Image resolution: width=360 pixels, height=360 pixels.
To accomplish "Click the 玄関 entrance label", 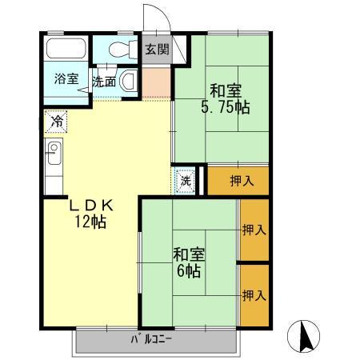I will click(x=157, y=49).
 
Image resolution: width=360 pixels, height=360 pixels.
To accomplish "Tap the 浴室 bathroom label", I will click(x=66, y=79).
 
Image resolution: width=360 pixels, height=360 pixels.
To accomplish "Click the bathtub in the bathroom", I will click(x=66, y=48).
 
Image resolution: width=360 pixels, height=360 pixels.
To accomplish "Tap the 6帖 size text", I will click(x=189, y=272).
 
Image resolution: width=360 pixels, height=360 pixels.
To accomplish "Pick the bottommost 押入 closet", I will click(x=254, y=295).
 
